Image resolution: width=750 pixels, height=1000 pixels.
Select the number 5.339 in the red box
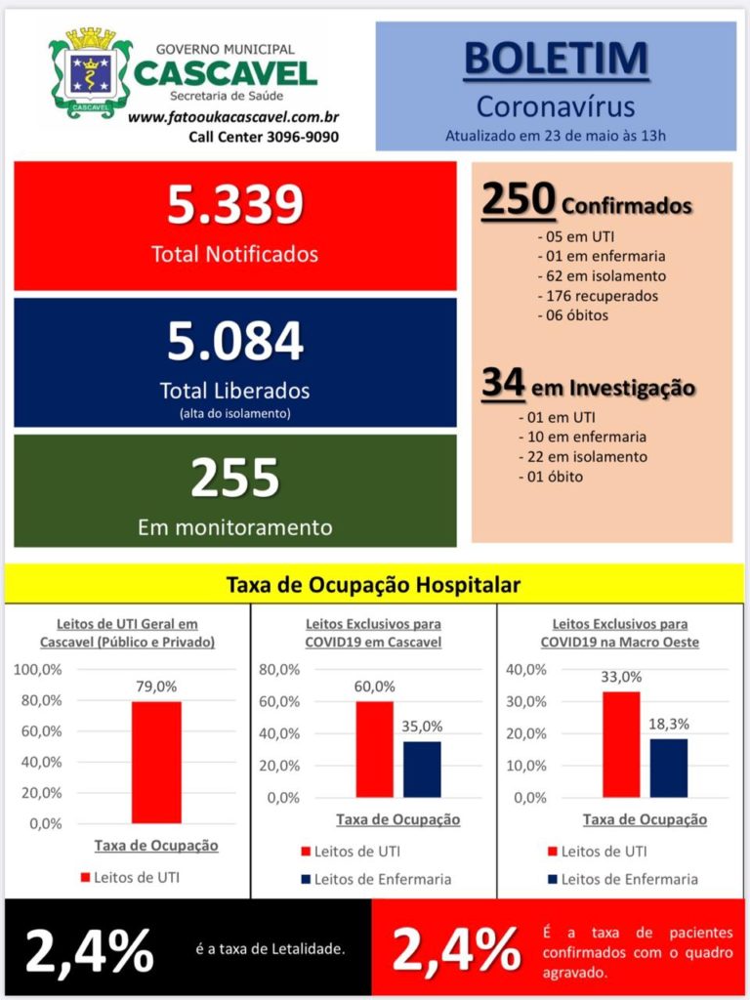pyautogui.click(x=234, y=204)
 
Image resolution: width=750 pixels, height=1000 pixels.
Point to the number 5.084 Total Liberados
pyautogui.click(x=234, y=341)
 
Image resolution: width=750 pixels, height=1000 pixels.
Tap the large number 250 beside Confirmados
pyautogui.click(x=518, y=199)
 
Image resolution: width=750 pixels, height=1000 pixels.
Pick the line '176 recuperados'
pyautogui.click(x=599, y=296)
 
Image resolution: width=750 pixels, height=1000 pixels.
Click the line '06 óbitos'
pyautogui.click(x=572, y=315)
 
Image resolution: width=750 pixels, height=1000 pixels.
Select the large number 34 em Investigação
pyautogui.click(x=503, y=382)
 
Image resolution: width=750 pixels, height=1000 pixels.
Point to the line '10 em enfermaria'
pyautogui.click(x=583, y=437)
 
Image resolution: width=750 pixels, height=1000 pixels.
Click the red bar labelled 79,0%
pyautogui.click(x=156, y=762)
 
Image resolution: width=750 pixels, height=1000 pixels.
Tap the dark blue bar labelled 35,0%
pyautogui.click(x=422, y=770)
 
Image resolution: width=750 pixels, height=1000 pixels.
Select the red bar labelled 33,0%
pyautogui.click(x=621, y=744)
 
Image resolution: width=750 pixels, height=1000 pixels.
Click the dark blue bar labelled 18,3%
pyautogui.click(x=669, y=768)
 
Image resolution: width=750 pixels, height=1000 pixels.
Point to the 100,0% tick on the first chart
pyautogui.click(x=38, y=670)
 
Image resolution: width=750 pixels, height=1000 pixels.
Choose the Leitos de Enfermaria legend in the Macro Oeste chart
pyautogui.click(x=622, y=880)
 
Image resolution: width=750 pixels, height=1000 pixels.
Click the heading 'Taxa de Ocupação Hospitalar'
pyautogui.click(x=374, y=584)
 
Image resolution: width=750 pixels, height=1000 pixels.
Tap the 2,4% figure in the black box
pyautogui.click(x=89, y=951)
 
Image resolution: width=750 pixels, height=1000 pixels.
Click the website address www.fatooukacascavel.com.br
pyautogui.click(x=232, y=117)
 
